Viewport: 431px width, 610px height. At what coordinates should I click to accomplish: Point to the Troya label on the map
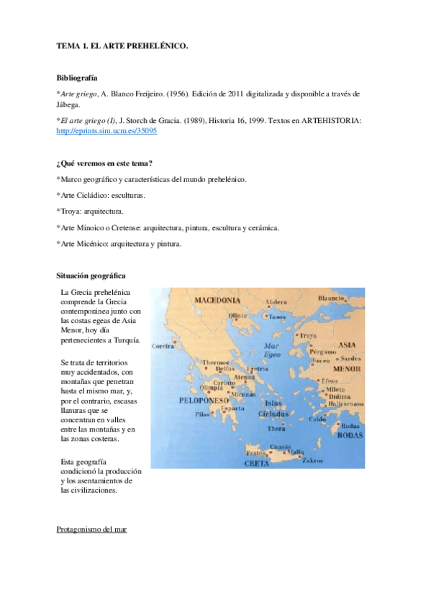coord(307,335)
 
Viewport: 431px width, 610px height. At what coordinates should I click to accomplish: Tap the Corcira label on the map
coord(163,346)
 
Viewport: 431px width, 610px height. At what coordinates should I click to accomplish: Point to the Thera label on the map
coord(277,429)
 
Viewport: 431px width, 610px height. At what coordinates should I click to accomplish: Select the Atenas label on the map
coord(244,377)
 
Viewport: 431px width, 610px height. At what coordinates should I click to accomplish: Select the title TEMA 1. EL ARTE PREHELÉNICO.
coord(122,45)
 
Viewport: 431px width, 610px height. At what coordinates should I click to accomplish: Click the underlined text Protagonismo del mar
coord(91,529)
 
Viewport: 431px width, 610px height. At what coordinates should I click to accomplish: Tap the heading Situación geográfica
coord(91,276)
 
